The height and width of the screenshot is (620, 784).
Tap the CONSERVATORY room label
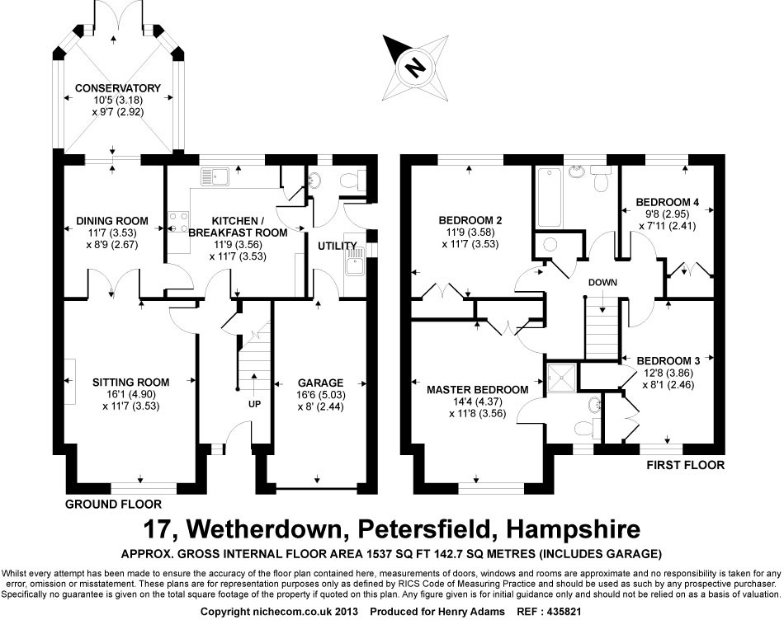pos(117,88)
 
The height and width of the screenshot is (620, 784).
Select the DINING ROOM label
pos(112,220)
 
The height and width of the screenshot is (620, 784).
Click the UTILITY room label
pos(337,246)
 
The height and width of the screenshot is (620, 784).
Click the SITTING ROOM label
pos(131,382)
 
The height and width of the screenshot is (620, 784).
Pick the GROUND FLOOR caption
pos(114,504)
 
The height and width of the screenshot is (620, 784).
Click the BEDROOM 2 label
pos(470,220)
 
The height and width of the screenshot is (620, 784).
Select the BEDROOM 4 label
pos(668,202)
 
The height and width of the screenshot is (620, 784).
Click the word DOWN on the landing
pos(603,282)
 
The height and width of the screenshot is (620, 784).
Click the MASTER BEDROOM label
pos(478,389)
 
